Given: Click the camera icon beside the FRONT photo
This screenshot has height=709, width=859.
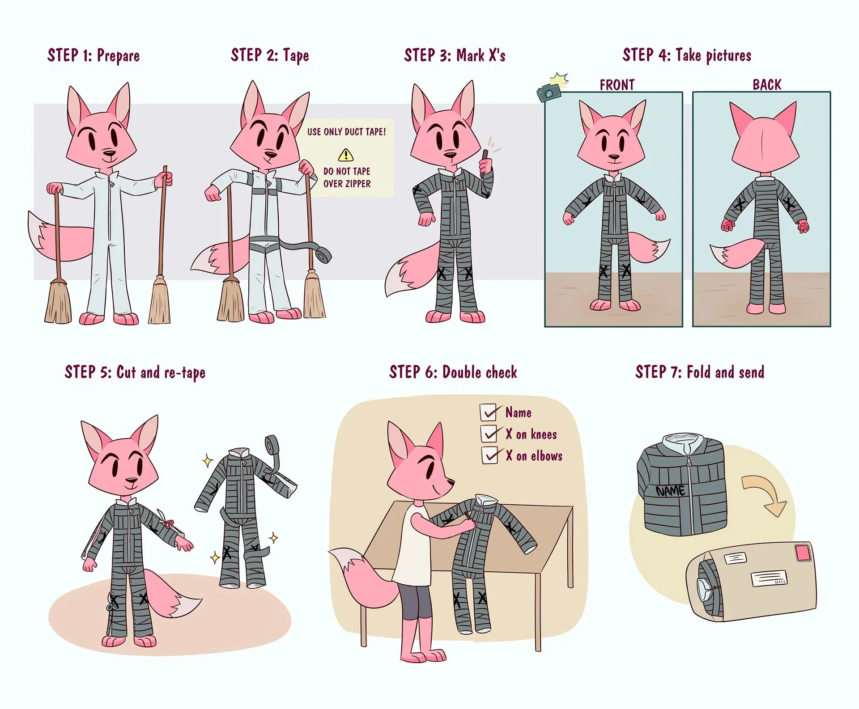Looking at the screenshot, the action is (549, 92).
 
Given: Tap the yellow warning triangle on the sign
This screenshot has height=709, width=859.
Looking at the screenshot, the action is (345, 155).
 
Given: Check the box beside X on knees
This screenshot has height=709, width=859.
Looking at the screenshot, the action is (489, 434).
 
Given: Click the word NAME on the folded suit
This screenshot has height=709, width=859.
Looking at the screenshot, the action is (670, 491).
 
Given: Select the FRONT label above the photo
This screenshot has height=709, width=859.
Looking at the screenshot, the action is (617, 84).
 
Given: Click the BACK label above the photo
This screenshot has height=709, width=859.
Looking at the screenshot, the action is (767, 84).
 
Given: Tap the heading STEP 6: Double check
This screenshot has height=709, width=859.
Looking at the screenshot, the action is (453, 372).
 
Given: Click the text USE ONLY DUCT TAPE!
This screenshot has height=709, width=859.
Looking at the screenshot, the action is (346, 132).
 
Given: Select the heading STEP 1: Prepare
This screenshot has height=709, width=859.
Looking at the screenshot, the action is (94, 55).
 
